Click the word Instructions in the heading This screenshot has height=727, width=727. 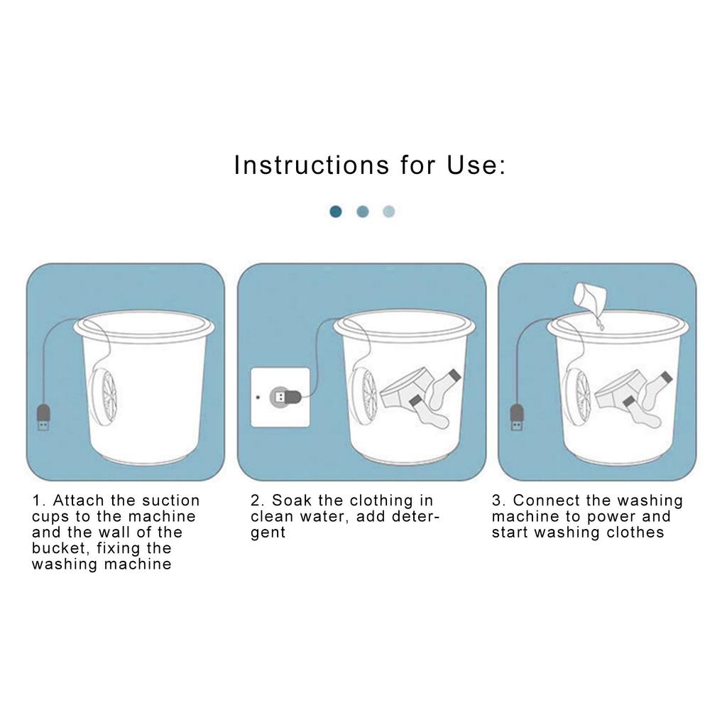[312, 165]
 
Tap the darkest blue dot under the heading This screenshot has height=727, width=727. [336, 212]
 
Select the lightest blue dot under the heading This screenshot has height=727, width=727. [388, 212]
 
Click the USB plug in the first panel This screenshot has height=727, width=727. [43, 417]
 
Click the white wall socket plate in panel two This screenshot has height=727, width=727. [280, 398]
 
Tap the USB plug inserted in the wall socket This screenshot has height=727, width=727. [285, 397]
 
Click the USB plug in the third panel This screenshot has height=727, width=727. [517, 417]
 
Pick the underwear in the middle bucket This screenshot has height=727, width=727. [407, 388]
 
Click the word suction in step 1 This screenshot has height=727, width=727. [171, 501]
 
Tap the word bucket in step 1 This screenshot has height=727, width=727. [59, 548]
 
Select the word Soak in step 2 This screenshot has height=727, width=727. [291, 501]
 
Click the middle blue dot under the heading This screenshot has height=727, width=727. [363, 212]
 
